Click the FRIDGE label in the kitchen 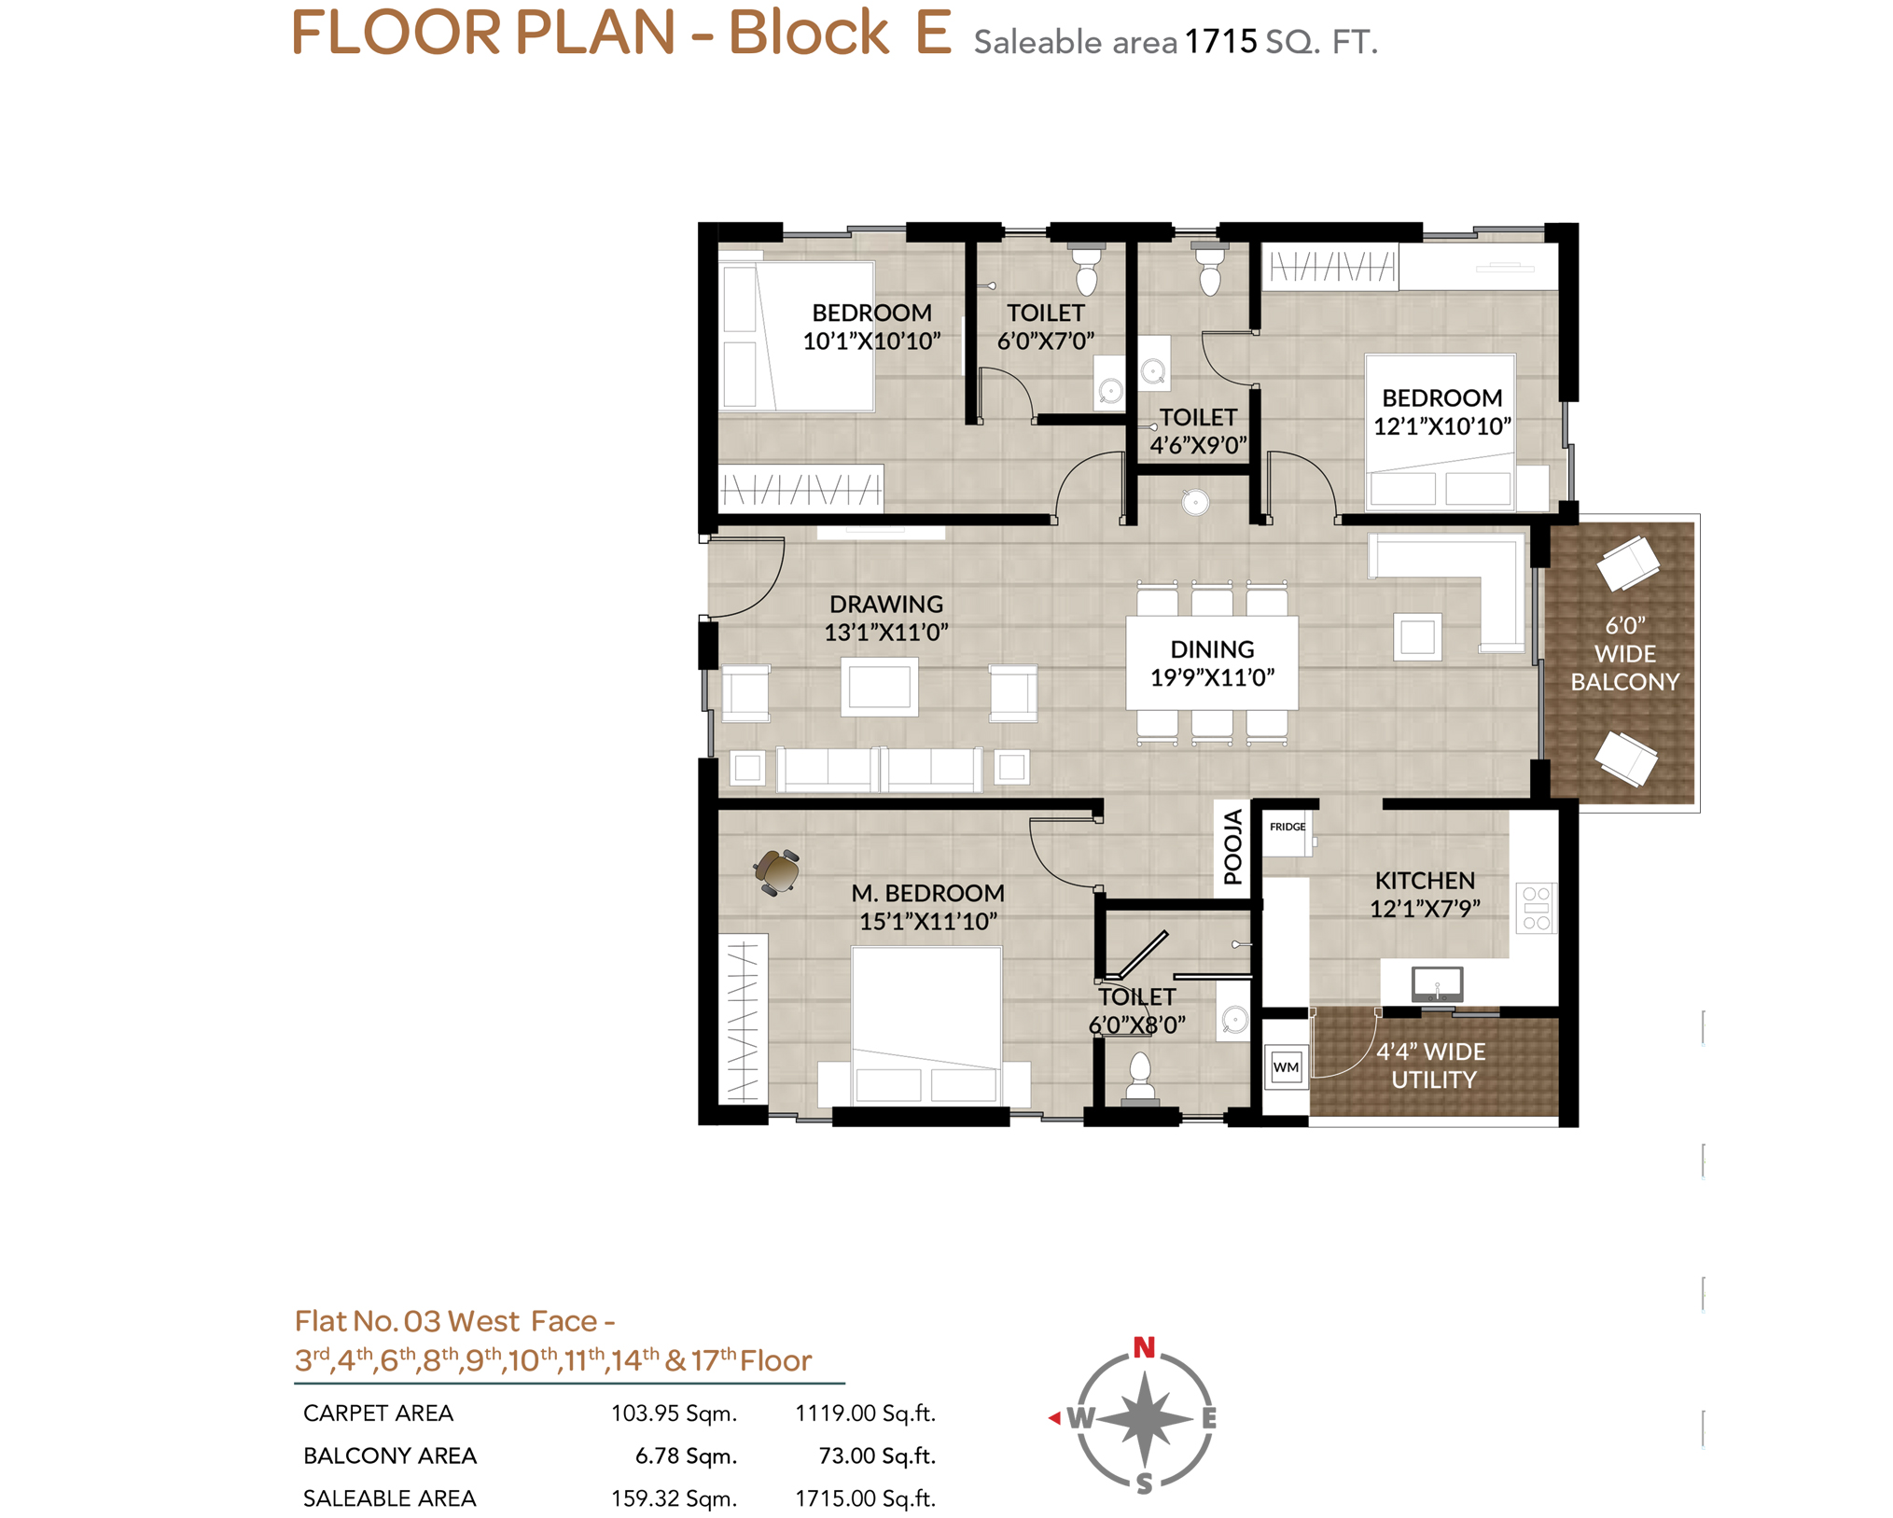pos(1287,827)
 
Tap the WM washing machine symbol pos(1286,1066)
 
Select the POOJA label pos(1232,846)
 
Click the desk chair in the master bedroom pos(776,871)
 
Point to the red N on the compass pos(1144,1347)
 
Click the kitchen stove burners pos(1536,908)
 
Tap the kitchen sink pos(1437,983)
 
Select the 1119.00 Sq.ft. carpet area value pos(865,1414)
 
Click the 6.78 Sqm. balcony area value pos(686,1456)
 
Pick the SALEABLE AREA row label pos(390,1498)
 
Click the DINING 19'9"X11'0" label pos(1212,663)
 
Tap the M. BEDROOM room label pos(927,893)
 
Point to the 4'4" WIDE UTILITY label pos(1432,1065)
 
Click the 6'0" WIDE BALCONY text pos(1624,653)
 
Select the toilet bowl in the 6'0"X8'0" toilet pos(1139,1078)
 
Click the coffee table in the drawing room pos(879,687)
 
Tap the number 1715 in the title pos(1220,41)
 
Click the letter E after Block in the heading pos(933,32)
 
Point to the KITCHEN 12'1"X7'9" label pos(1425,894)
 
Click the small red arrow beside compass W pos(1054,1418)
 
